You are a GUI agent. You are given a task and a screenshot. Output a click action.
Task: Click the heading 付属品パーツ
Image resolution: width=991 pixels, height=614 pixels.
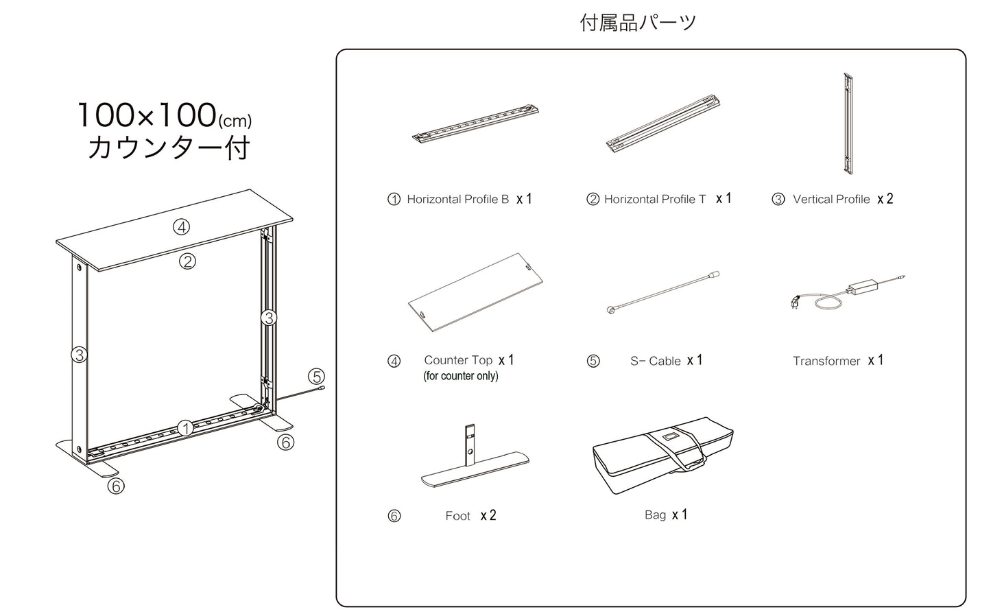click(638, 23)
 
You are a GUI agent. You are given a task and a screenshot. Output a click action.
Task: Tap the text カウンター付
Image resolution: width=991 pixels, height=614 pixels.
click(168, 147)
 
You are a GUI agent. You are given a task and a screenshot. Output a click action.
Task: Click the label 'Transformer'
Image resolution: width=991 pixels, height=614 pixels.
click(826, 361)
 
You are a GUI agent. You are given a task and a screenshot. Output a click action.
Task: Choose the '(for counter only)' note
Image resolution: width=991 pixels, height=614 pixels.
click(461, 376)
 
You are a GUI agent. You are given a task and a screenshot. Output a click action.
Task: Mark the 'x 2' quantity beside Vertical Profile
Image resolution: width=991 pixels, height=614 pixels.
click(885, 199)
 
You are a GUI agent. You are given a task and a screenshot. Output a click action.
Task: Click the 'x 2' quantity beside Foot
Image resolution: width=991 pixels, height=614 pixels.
click(488, 515)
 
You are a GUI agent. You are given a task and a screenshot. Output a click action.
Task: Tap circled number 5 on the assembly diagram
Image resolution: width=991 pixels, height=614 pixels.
click(316, 377)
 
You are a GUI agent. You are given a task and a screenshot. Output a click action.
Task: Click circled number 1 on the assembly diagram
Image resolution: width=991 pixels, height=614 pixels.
click(185, 427)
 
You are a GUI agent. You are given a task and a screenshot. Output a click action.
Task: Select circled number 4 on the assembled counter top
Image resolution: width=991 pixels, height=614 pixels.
click(181, 227)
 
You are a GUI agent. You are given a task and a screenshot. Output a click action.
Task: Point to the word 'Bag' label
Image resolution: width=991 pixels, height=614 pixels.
click(655, 515)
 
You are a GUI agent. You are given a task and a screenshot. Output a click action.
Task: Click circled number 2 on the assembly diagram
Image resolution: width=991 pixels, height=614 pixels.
click(187, 261)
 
